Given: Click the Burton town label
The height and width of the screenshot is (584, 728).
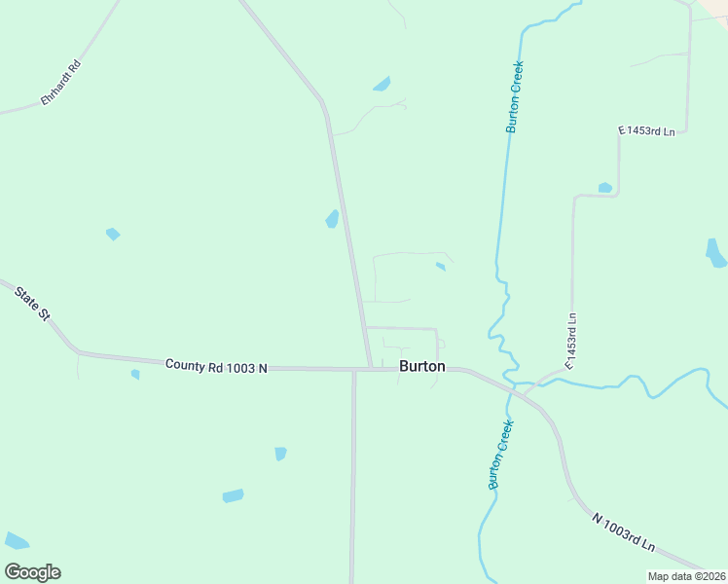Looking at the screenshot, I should click(422, 367).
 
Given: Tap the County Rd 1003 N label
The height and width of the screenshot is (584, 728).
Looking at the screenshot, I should click(216, 366).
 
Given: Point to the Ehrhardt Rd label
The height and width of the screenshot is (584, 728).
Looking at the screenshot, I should click(60, 84).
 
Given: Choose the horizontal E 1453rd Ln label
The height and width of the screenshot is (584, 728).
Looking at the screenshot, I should click(646, 130).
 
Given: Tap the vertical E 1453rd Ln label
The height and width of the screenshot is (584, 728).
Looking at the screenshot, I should click(571, 341).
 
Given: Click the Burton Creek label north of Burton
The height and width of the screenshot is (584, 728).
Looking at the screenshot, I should click(515, 97).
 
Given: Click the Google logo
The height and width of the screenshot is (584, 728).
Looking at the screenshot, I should click(32, 571).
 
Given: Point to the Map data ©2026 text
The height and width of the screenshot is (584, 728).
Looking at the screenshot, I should click(687, 576).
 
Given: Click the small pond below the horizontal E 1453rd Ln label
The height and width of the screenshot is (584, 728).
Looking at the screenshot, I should click(605, 187).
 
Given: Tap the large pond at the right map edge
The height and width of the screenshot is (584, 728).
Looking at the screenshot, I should click(715, 253).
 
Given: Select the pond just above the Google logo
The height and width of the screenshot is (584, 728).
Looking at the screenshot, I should click(16, 540).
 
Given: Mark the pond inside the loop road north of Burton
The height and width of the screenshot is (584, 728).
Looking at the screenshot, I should click(441, 266).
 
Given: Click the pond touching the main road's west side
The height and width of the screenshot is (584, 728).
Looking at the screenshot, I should click(333, 219).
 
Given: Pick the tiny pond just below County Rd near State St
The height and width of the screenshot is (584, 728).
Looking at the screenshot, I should click(135, 374).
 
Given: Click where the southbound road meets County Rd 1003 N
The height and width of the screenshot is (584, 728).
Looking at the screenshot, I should click(353, 370).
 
